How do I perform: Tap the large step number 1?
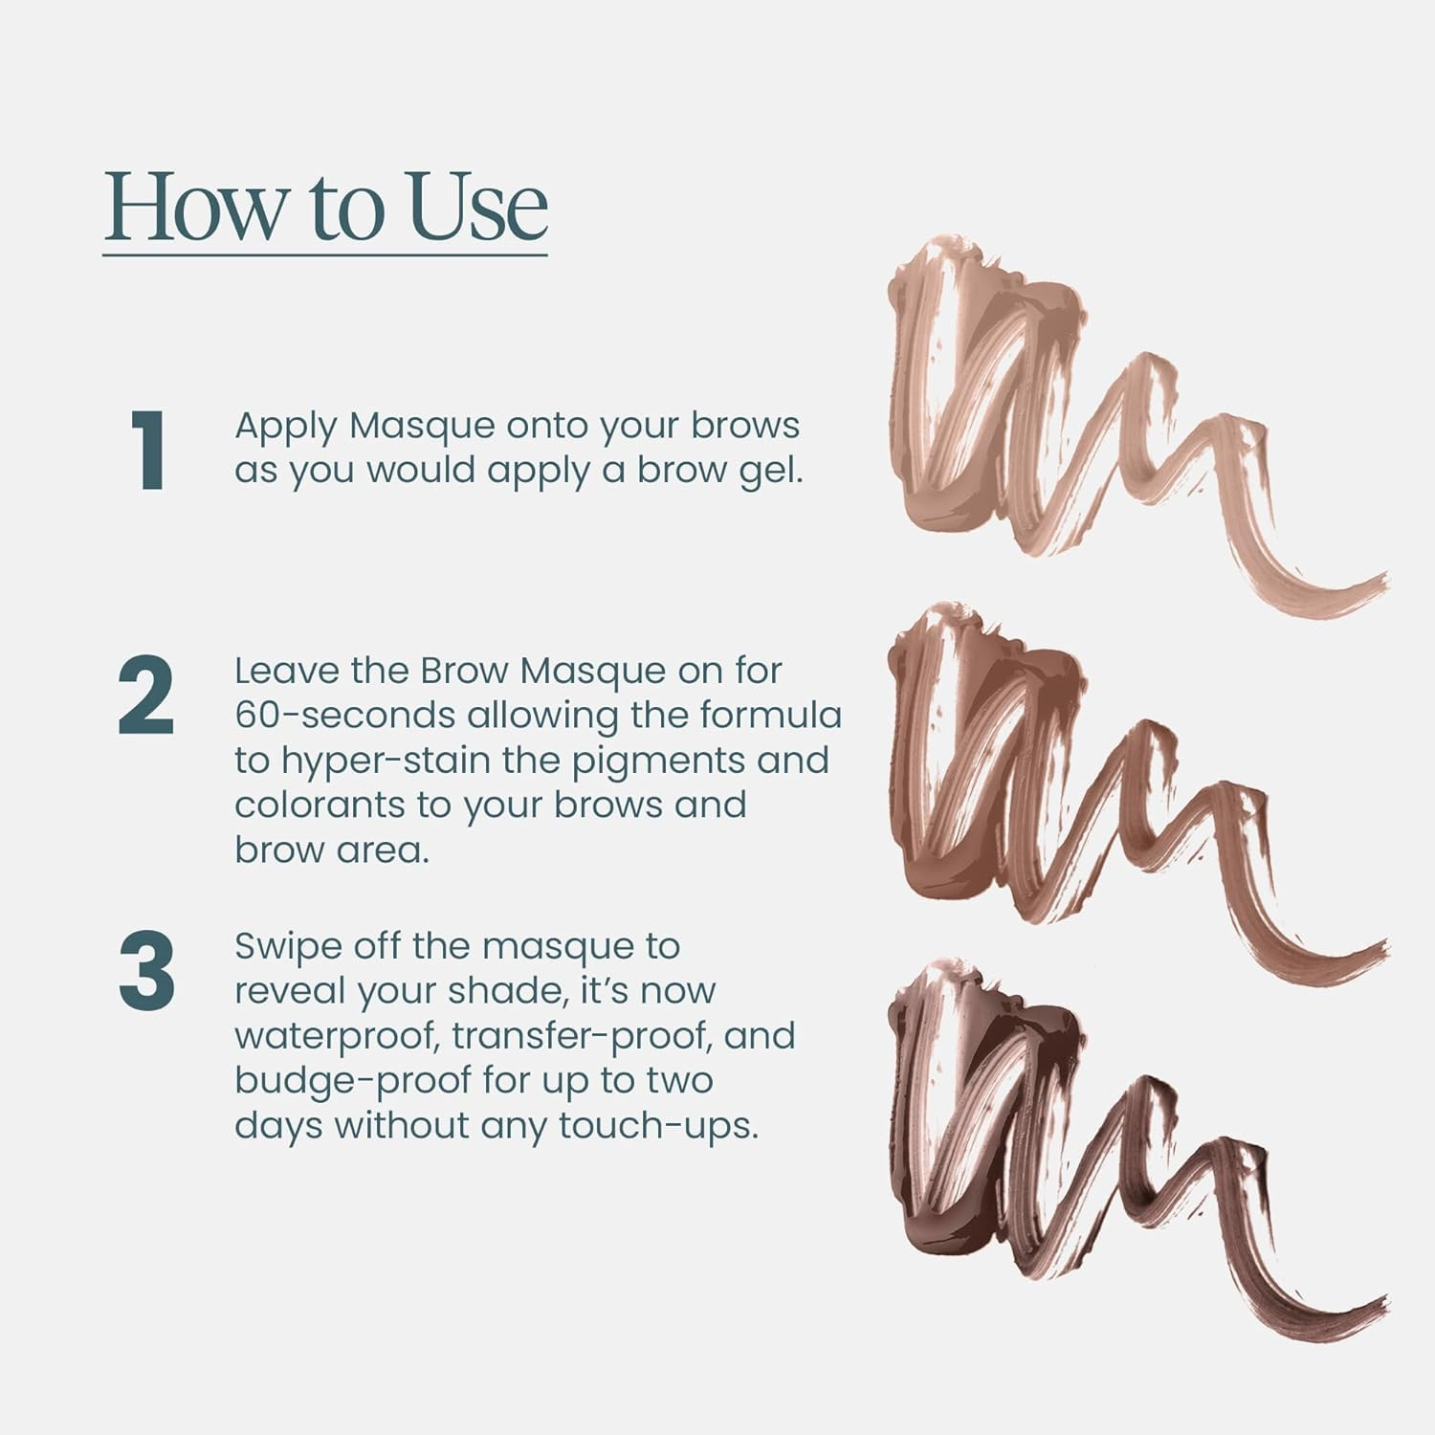pyautogui.click(x=148, y=451)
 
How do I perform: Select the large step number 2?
pyautogui.click(x=146, y=696)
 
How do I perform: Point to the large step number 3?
pyautogui.click(x=146, y=970)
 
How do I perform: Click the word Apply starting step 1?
pyautogui.click(x=284, y=427)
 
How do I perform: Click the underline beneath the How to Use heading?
pyautogui.click(x=325, y=254)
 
